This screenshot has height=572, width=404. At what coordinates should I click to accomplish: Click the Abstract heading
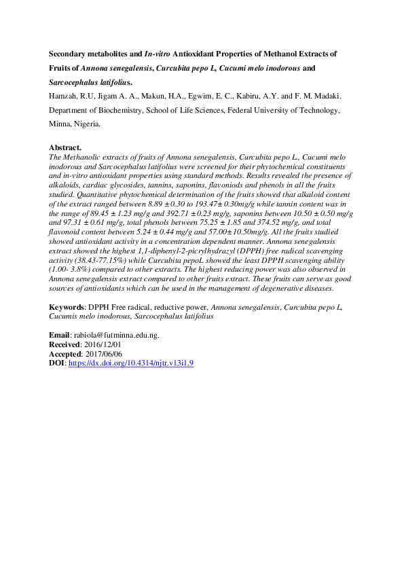click(66, 147)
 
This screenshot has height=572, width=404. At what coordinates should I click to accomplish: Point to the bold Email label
click(59, 335)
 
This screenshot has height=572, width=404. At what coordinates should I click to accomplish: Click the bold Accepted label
click(65, 354)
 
